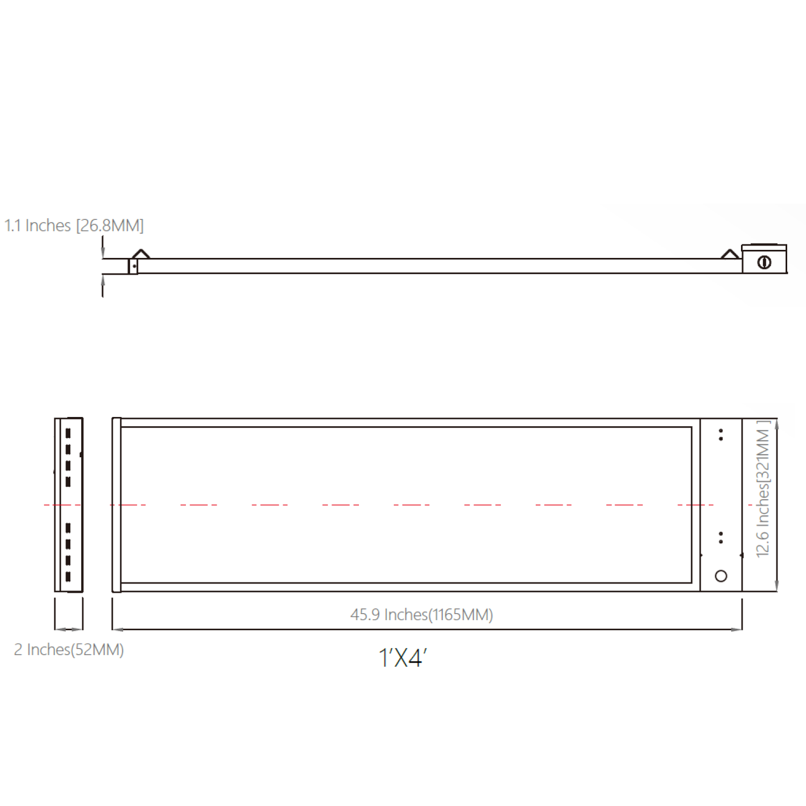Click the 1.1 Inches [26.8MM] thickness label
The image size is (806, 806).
tap(74, 225)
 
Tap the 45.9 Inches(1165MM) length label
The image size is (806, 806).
tap(422, 614)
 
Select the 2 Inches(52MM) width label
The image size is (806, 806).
tap(69, 650)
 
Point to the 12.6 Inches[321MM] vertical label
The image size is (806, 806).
tap(763, 488)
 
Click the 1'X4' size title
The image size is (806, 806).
tap(402, 658)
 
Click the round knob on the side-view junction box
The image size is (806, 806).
tap(764, 262)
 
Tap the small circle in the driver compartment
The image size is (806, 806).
tap(721, 576)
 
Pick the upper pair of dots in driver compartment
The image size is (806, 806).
tap(721, 435)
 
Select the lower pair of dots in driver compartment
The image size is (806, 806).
tap(721, 537)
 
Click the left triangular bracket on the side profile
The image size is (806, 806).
tap(141, 253)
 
